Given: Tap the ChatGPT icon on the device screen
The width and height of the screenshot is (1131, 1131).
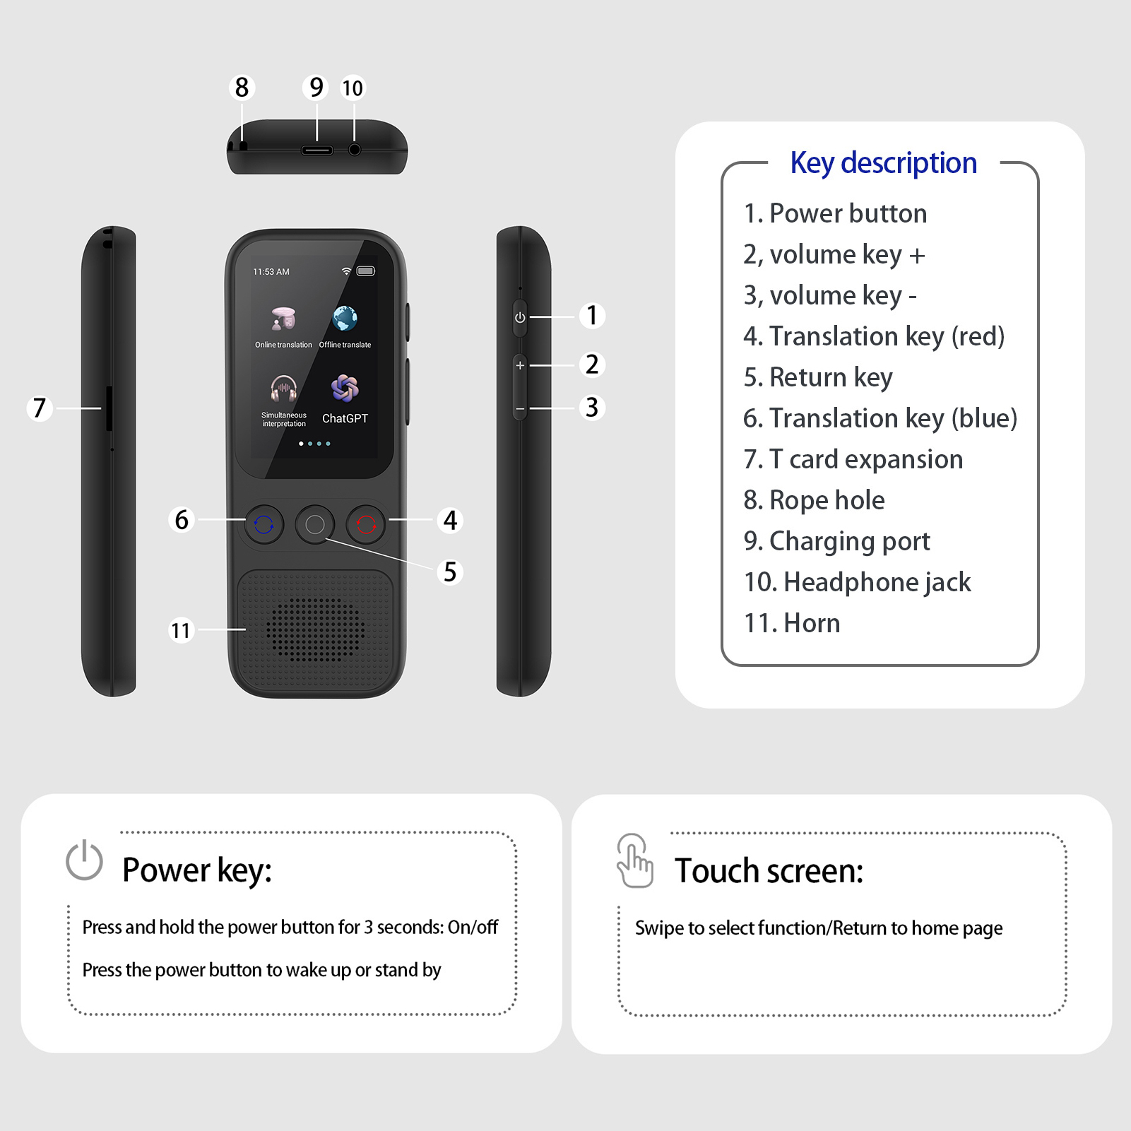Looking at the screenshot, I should [x=345, y=388].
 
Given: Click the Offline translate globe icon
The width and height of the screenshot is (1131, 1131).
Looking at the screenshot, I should [x=345, y=319].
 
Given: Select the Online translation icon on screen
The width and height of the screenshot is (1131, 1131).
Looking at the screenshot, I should [x=283, y=319].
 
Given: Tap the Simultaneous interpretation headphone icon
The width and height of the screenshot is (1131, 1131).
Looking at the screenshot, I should [x=283, y=389].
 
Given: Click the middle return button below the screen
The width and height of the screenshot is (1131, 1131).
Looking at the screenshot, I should [x=315, y=524].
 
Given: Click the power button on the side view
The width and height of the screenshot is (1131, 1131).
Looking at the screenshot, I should [x=520, y=317].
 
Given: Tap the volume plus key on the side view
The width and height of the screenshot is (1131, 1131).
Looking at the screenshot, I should [x=520, y=365].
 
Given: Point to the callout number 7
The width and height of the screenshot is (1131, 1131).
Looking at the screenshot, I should [x=40, y=408].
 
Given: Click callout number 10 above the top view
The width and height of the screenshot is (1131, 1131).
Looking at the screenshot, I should [x=353, y=88].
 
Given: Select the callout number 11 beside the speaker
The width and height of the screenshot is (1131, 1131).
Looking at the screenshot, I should [x=181, y=629].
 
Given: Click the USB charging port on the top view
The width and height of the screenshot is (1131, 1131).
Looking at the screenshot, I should [x=317, y=150].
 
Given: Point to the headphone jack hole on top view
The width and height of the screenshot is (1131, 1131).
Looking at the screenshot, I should [x=355, y=150].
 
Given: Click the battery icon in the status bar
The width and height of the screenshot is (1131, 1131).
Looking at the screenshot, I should [x=366, y=271].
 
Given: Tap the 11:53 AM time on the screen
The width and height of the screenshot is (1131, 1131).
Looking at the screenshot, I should [x=271, y=272].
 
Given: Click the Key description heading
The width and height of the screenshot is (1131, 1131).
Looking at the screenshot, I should [x=883, y=163].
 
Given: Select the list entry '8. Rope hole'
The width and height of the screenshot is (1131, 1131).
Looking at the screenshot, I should [x=814, y=500].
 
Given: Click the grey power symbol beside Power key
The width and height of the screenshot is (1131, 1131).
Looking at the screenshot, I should [x=84, y=860].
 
